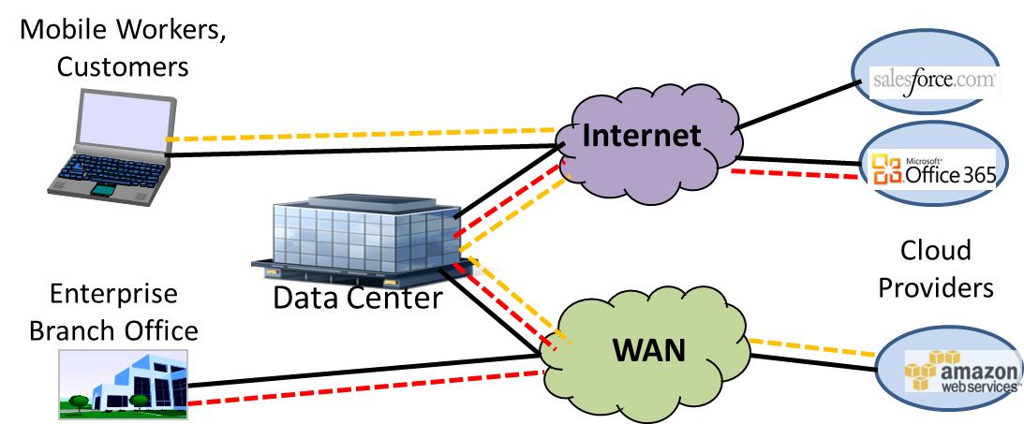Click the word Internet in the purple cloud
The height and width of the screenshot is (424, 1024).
(x=642, y=137)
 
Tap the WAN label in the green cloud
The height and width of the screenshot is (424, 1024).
(x=648, y=350)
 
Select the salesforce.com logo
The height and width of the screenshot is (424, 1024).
(x=934, y=81)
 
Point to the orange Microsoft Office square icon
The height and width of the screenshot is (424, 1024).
(x=886, y=169)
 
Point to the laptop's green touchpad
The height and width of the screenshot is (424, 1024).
(x=102, y=190)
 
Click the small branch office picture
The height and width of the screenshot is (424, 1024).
(x=123, y=384)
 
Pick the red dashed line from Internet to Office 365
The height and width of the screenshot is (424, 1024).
(x=796, y=174)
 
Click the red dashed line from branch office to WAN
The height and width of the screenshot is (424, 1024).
(x=365, y=387)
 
